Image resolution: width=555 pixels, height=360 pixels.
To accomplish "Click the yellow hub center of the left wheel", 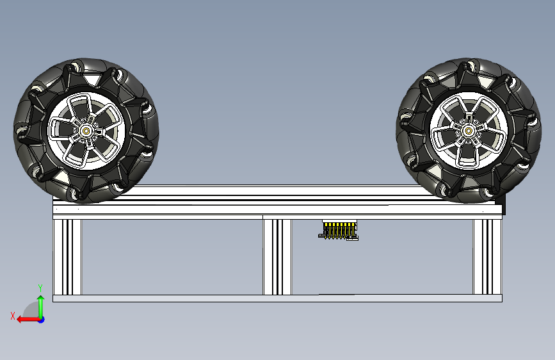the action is tap(86, 131).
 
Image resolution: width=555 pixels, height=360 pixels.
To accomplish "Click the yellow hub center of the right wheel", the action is tap(469, 131).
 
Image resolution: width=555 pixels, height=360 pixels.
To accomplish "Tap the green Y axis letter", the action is tap(40, 288).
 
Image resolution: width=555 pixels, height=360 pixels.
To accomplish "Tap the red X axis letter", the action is tap(13, 316).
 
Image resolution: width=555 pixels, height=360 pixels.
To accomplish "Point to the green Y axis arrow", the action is tap(41, 307).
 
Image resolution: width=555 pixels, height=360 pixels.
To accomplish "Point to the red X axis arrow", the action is tap(29, 320).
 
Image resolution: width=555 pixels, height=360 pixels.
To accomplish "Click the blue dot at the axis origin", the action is tap(42, 320).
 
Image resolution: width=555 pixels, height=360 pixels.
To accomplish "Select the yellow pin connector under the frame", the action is tap(339, 230).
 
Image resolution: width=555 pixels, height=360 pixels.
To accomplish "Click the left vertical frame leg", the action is tap(67, 257).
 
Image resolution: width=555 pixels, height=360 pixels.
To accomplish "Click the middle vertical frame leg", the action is tap(277, 257).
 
